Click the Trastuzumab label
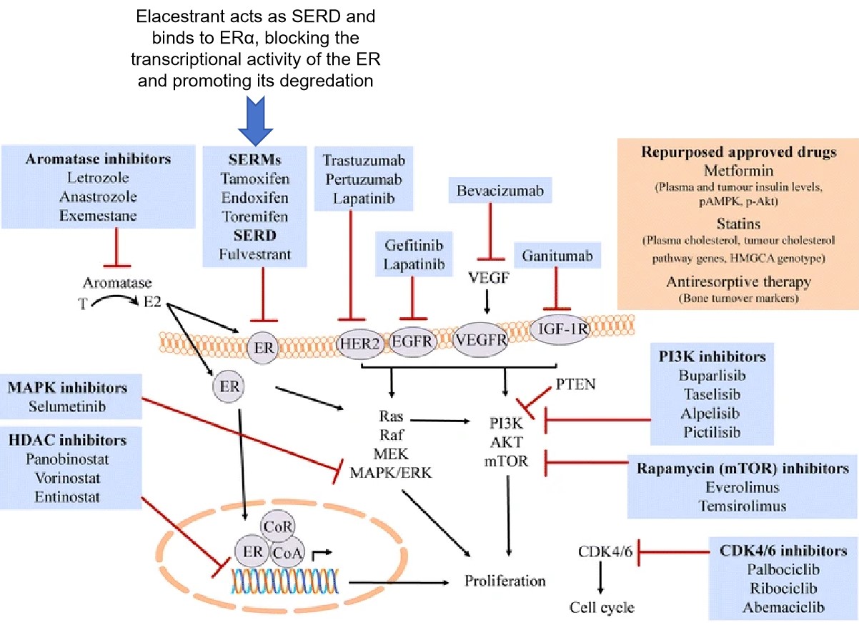[x=363, y=160]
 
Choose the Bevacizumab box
[x=490, y=191]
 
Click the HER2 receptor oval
[x=359, y=342]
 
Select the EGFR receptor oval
[x=412, y=341]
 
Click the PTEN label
[x=574, y=386]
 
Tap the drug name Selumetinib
[x=66, y=406]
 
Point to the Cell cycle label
[x=602, y=608]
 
